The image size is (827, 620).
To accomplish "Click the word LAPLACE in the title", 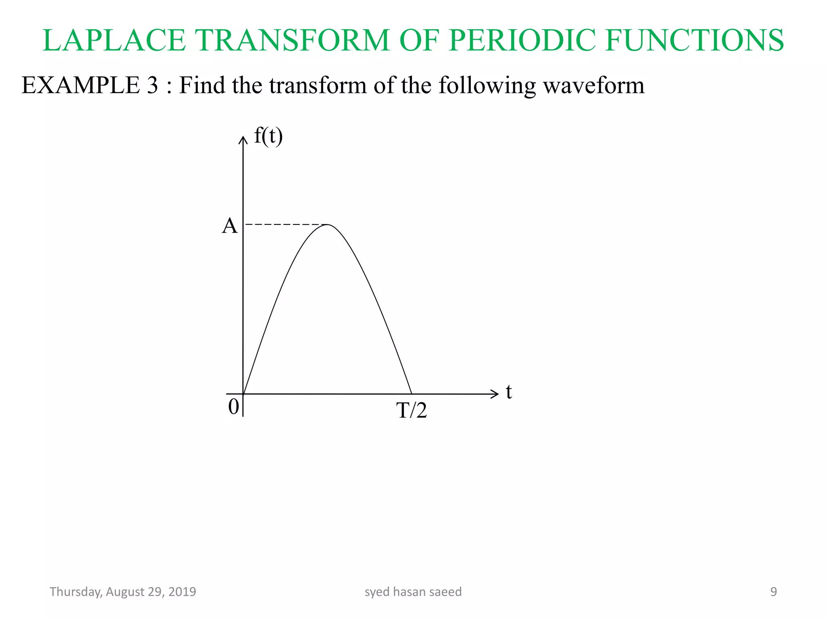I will (x=114, y=40).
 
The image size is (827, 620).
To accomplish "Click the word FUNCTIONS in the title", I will (x=694, y=40).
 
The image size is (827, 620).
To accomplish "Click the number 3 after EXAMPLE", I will (x=152, y=86).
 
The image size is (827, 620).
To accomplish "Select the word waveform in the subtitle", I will (x=594, y=86).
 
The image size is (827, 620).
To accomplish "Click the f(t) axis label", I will (x=268, y=136).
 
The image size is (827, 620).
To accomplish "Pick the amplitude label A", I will (x=230, y=226).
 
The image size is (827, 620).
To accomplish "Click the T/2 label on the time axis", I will (x=411, y=411).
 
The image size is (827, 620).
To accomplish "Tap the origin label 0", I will (x=233, y=407).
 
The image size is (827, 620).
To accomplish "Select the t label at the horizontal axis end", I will (x=509, y=392).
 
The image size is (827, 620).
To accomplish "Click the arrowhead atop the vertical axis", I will (x=243, y=140).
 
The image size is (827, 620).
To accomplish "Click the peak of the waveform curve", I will (x=328, y=224).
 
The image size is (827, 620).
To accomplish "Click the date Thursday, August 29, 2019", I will (x=123, y=592).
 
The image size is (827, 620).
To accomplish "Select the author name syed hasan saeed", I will (x=413, y=592).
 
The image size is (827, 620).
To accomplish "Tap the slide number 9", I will (x=773, y=592).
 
